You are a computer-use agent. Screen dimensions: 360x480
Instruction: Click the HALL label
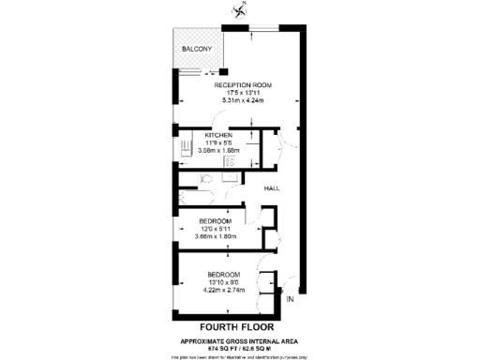coord(272,188)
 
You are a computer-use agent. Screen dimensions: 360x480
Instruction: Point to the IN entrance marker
coord(290,300)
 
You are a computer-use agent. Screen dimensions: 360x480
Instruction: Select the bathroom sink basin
coord(230,175)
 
